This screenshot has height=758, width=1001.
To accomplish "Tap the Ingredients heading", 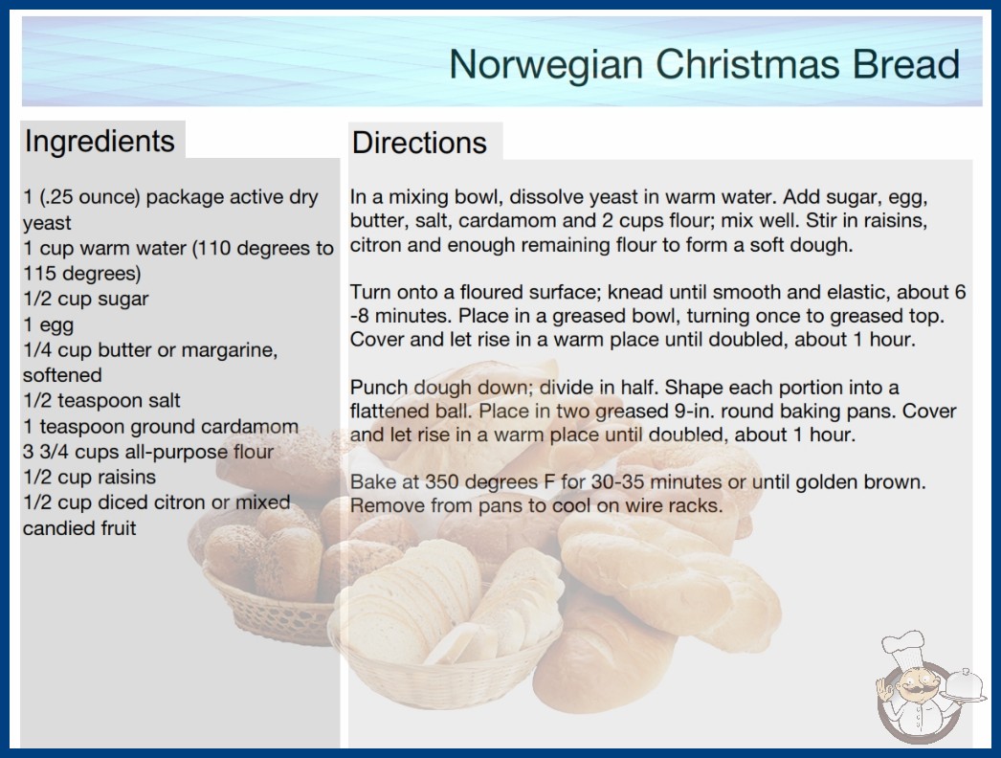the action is tap(100, 142).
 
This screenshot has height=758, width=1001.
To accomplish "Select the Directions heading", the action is tap(419, 143).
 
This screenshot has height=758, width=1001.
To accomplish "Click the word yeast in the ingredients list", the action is tap(47, 224).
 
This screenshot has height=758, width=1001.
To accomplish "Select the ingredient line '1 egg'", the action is tap(49, 325).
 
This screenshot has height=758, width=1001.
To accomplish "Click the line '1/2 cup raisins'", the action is tap(89, 477).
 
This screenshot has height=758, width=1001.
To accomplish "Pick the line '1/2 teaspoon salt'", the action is tap(101, 401).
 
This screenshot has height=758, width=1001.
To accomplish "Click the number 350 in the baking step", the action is tap(443, 482).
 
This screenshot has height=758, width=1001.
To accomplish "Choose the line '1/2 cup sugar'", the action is tap(85, 300).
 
